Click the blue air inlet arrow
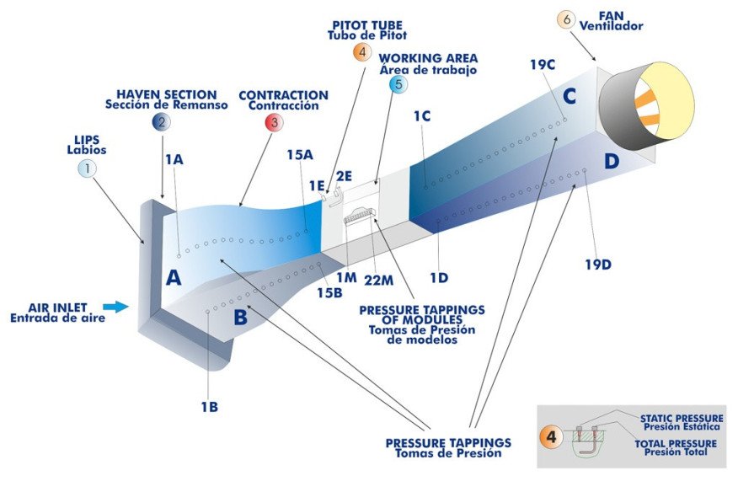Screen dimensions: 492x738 tap(116, 307)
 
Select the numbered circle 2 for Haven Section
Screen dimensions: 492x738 tap(159, 122)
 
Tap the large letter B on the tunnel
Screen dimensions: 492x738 tap(240, 318)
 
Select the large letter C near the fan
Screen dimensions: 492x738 tap(570, 97)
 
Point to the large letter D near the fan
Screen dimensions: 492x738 tap(612, 160)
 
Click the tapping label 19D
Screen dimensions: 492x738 tap(597, 265)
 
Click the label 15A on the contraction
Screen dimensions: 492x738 tap(300, 154)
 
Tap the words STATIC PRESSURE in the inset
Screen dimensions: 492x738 tap(681, 417)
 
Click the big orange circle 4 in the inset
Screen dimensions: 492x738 tap(552, 437)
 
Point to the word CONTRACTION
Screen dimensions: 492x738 tap(283, 96)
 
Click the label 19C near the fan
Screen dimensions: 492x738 tap(543, 64)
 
